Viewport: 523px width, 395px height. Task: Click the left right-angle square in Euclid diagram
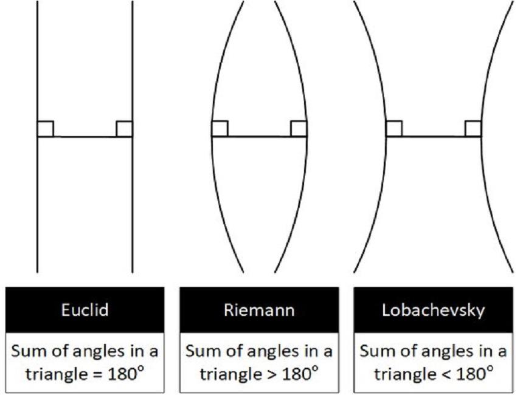point(46,129)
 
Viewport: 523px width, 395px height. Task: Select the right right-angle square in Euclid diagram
point(124,129)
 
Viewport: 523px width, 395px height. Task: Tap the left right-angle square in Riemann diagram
point(220,129)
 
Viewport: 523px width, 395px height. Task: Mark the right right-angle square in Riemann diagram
point(299,129)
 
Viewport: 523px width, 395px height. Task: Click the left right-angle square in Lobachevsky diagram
point(394,129)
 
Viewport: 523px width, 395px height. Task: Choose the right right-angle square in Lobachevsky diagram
point(473,129)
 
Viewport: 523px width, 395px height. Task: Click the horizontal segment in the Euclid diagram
point(85,137)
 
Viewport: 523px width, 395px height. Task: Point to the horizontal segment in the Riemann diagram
point(259,137)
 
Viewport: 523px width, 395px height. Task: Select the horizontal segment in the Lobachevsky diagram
point(434,137)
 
